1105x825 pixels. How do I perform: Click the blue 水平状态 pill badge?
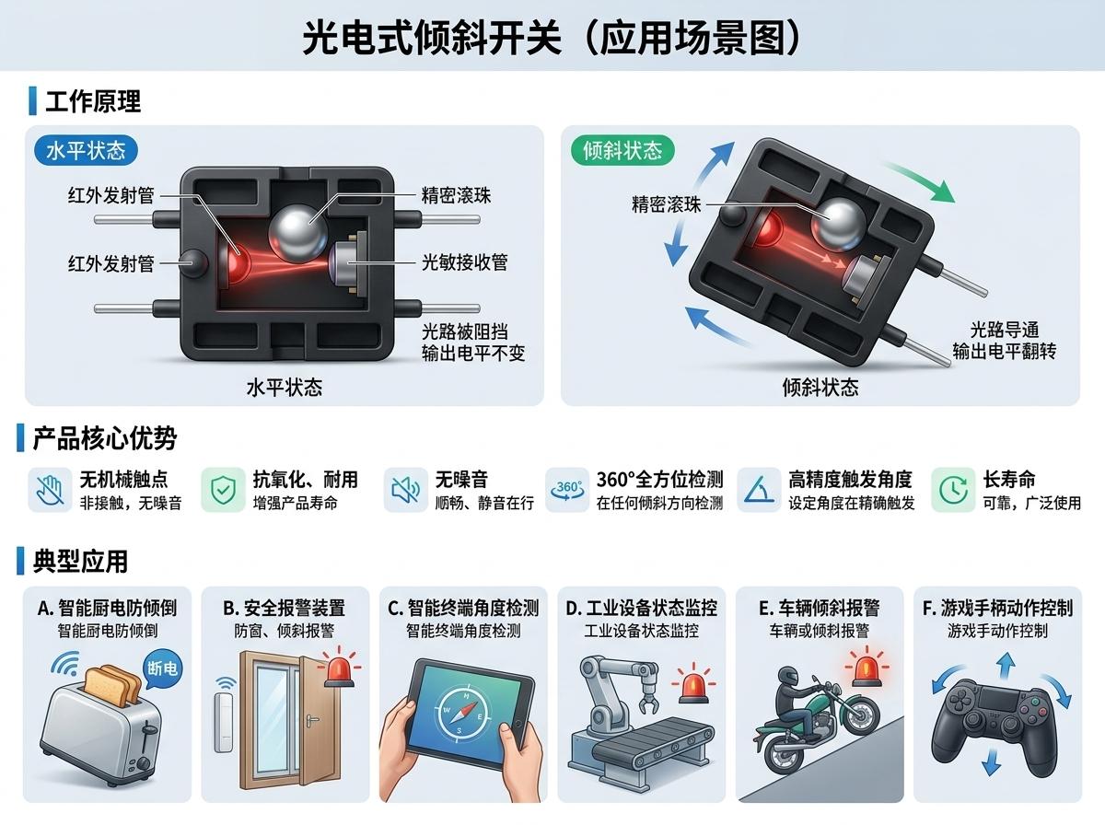(86, 150)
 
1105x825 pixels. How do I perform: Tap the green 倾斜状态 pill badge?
(622, 150)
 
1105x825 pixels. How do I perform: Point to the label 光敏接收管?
(464, 262)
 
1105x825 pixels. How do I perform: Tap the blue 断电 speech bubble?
(162, 669)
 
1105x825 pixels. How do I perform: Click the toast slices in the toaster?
(112, 687)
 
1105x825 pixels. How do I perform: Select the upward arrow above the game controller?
(1006, 666)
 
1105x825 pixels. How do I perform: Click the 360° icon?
(567, 490)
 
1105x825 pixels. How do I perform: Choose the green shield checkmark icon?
(223, 490)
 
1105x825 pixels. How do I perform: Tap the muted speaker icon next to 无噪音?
(405, 490)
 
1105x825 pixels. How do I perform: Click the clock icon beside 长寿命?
(952, 490)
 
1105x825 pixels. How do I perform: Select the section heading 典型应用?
(80, 562)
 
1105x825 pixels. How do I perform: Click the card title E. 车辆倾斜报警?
(819, 608)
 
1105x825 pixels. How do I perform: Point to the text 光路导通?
(1005, 331)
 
